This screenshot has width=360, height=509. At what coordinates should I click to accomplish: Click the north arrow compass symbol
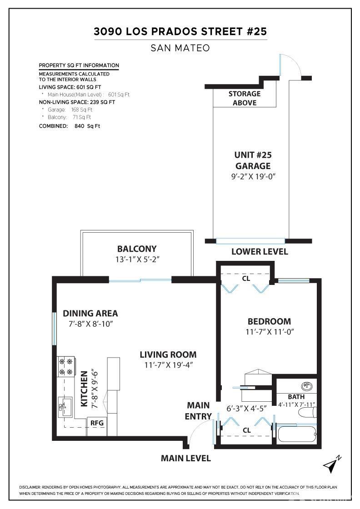point(332,465)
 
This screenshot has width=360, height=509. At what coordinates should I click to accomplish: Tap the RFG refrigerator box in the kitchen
point(97,423)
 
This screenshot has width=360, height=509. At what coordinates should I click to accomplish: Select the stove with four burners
point(65,367)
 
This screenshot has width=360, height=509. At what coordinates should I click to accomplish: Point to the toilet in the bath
point(307,413)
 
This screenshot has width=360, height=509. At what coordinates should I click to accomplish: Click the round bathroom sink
point(306,386)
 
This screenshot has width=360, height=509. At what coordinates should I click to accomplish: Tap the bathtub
point(296,434)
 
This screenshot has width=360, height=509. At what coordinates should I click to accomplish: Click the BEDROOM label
point(269,321)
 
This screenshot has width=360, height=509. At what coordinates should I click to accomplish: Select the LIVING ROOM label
point(168,354)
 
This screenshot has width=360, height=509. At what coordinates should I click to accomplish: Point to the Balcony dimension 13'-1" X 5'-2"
point(137,259)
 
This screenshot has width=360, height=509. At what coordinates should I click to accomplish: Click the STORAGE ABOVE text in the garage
point(245,98)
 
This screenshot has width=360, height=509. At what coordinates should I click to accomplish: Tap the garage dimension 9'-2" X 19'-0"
point(253,177)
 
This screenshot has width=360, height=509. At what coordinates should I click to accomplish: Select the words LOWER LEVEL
point(260,252)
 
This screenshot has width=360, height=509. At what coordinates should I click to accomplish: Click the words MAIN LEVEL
point(185,459)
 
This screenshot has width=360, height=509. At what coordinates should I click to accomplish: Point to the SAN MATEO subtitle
point(180,48)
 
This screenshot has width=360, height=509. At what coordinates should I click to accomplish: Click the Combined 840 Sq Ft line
point(70,126)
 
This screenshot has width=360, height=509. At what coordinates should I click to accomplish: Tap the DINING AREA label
point(90,313)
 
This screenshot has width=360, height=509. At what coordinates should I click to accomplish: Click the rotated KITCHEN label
point(84,389)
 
